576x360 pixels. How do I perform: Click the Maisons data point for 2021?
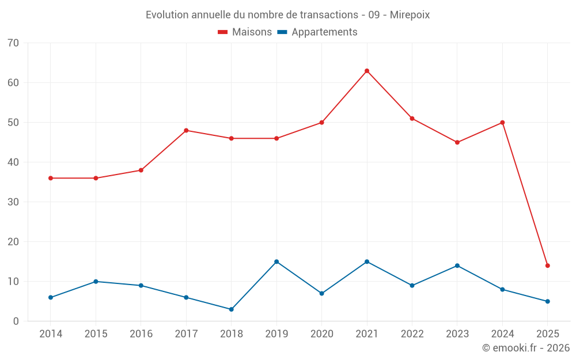pyautogui.click(x=367, y=71)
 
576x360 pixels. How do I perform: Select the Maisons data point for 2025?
pyautogui.click(x=548, y=266)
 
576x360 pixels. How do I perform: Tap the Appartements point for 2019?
pyautogui.click(x=276, y=262)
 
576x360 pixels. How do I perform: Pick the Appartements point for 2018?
pyautogui.click(x=232, y=309)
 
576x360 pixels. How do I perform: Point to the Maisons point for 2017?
pyautogui.click(x=186, y=130)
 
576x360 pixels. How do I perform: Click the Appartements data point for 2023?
pyautogui.click(x=457, y=266)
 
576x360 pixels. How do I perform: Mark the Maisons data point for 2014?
pyautogui.click(x=51, y=178)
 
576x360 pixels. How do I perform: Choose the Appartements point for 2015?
pyautogui.click(x=96, y=282)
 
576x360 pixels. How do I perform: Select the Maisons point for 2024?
pyautogui.click(x=502, y=123)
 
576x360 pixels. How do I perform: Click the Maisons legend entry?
pyautogui.click(x=245, y=32)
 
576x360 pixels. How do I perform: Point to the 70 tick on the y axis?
pyautogui.click(x=13, y=43)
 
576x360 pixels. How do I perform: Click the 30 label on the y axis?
pyautogui.click(x=13, y=202)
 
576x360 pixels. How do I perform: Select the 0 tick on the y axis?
pyautogui.click(x=16, y=321)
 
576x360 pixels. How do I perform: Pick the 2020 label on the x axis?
pyautogui.click(x=321, y=334)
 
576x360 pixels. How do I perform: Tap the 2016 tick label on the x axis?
pyautogui.click(x=141, y=334)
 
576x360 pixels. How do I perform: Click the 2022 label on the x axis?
pyautogui.click(x=412, y=334)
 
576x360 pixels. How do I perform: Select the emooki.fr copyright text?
pyautogui.click(x=526, y=348)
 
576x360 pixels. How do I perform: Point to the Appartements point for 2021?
pyautogui.click(x=367, y=262)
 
